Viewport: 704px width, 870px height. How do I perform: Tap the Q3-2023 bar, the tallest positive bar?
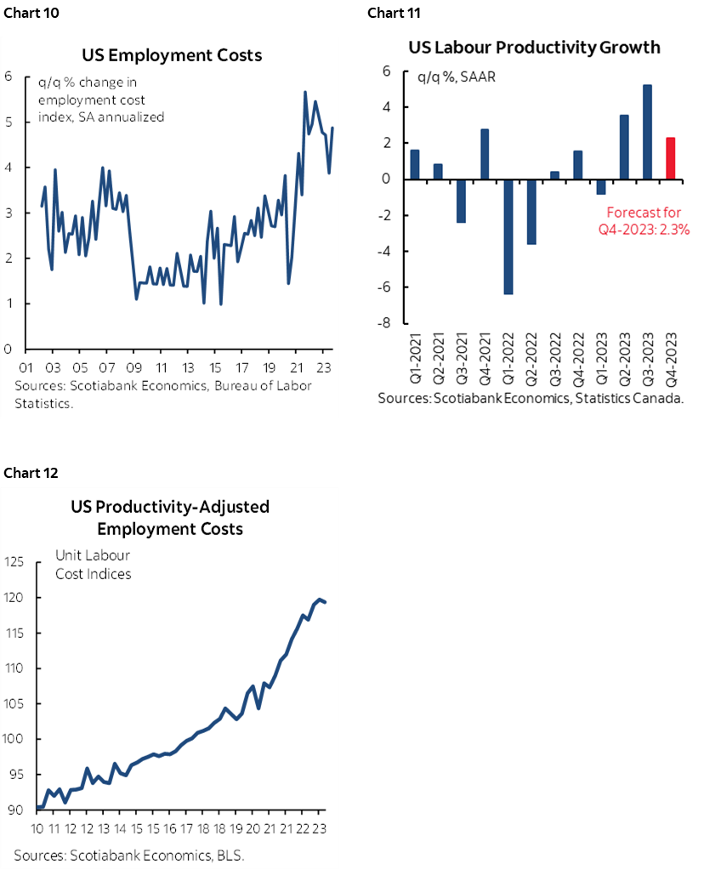[646, 132]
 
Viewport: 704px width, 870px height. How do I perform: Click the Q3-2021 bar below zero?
[461, 201]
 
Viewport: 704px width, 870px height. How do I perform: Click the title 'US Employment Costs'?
[172, 55]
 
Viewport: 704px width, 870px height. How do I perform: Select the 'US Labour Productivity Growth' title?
[534, 47]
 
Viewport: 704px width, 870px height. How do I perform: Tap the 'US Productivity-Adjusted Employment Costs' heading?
[170, 518]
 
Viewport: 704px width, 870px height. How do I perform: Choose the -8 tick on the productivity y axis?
[383, 323]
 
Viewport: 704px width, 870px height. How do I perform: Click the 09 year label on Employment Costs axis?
[133, 369]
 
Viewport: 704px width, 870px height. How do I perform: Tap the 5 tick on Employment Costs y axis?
[8, 122]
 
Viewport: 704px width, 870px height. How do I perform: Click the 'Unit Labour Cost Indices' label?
[94, 565]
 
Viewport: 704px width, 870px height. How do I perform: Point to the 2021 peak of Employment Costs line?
[305, 92]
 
